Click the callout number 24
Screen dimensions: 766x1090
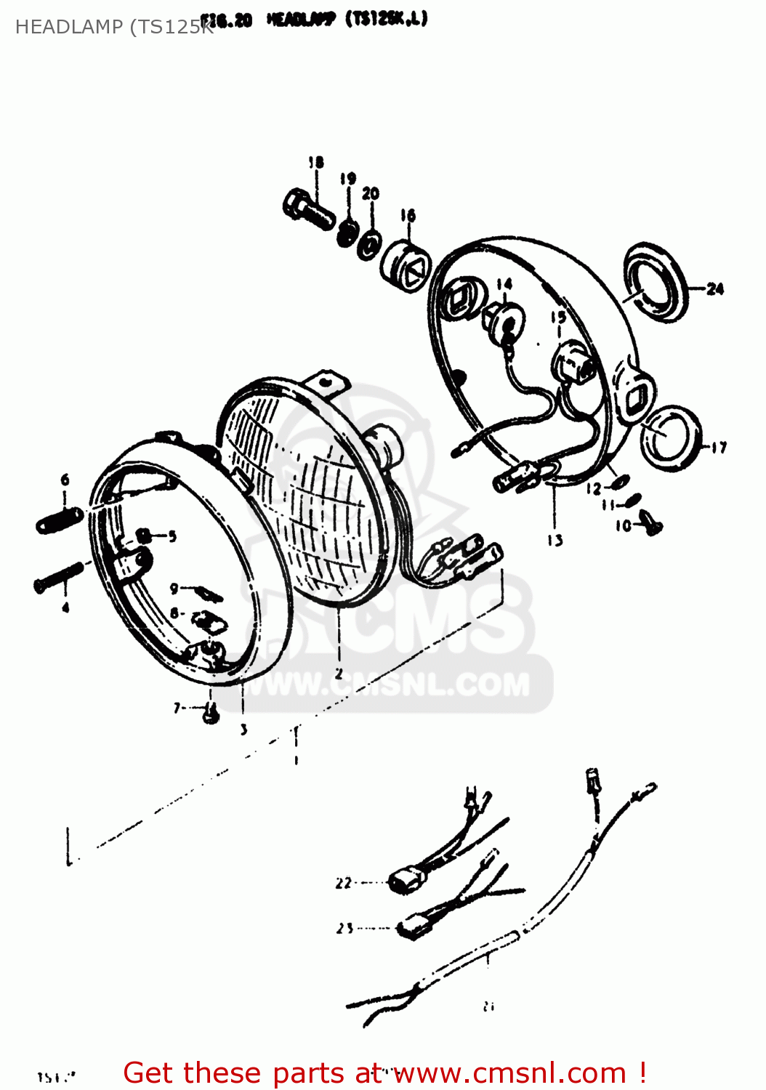click(715, 289)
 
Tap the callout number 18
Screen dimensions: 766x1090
click(315, 163)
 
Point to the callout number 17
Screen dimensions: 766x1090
click(719, 448)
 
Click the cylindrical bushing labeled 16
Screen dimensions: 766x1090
click(406, 266)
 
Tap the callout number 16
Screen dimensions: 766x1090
click(408, 215)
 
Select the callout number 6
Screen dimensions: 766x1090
click(65, 480)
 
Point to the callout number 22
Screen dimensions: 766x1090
click(344, 884)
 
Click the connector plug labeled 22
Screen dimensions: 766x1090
click(403, 882)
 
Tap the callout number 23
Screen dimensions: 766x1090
click(344, 928)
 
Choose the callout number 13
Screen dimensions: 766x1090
click(555, 540)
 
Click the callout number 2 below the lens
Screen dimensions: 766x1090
click(339, 674)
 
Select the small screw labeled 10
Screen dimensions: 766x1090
click(650, 522)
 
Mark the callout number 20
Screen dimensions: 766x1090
click(371, 194)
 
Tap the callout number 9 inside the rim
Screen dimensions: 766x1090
click(174, 589)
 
